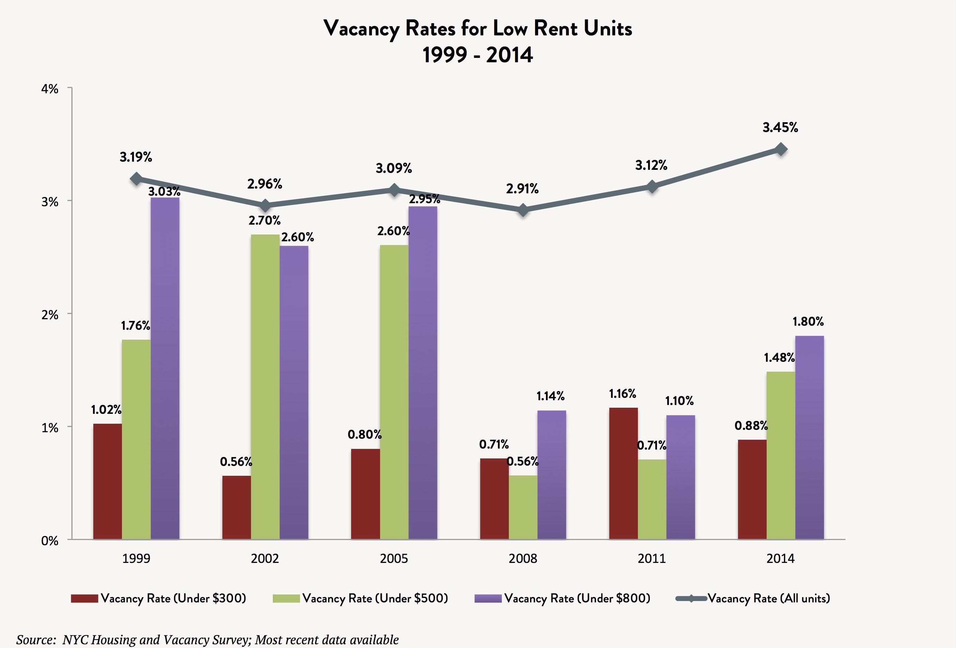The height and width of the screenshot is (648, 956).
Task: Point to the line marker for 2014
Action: click(x=780, y=149)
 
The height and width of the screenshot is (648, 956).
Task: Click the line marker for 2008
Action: click(x=523, y=210)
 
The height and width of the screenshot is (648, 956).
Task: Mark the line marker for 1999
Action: click(x=136, y=179)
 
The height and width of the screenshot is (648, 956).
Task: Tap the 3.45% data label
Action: click(x=780, y=128)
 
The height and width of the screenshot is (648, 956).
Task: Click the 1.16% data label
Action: click(x=622, y=394)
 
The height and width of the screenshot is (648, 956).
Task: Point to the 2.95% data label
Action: click(x=424, y=199)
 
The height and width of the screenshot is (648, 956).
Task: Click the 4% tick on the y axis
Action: click(x=50, y=89)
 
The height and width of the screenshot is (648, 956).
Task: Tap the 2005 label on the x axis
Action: click(x=394, y=558)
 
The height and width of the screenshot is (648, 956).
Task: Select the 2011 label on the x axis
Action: click(x=652, y=558)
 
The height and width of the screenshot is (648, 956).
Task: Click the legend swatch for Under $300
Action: click(x=84, y=598)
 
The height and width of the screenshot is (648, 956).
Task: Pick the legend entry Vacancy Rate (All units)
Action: click(x=768, y=598)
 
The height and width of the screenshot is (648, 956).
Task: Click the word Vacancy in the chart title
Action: click(x=361, y=29)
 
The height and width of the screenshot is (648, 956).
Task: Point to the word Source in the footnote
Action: click(x=35, y=640)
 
